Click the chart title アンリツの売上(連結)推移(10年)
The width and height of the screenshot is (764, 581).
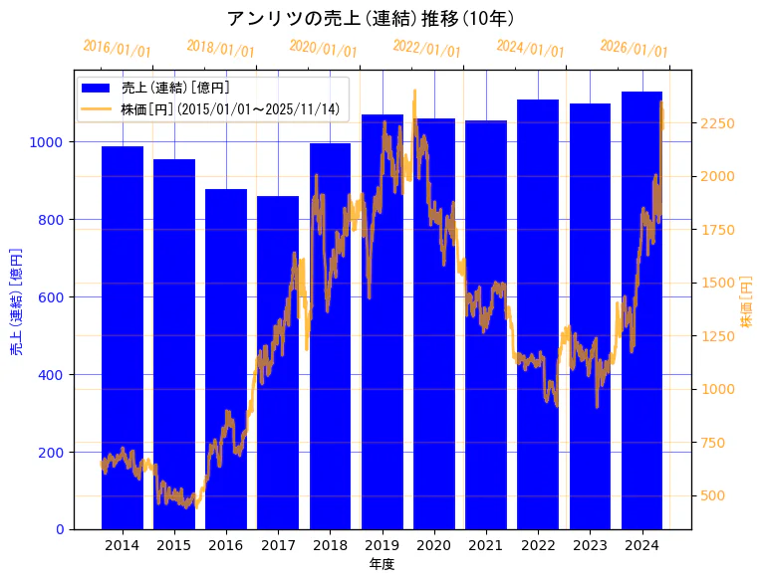pyautogui.click(x=370, y=18)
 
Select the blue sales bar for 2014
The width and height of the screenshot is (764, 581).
pyautogui.click(x=123, y=338)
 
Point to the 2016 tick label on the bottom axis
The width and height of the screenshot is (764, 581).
pyautogui.click(x=226, y=545)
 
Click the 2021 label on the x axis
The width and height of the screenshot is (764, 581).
pyautogui.click(x=486, y=545)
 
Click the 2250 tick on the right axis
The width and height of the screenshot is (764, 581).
pyautogui.click(x=718, y=123)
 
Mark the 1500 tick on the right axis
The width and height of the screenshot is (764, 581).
pyautogui.click(x=718, y=283)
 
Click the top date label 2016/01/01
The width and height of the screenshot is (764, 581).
pyautogui.click(x=117, y=49)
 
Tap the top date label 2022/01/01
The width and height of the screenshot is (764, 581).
pyautogui.click(x=426, y=49)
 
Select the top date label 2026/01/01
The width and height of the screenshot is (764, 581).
pyautogui.click(x=634, y=49)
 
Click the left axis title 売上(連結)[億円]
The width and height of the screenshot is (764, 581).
pyautogui.click(x=16, y=301)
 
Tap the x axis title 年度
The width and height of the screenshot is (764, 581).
pyautogui.click(x=382, y=564)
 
